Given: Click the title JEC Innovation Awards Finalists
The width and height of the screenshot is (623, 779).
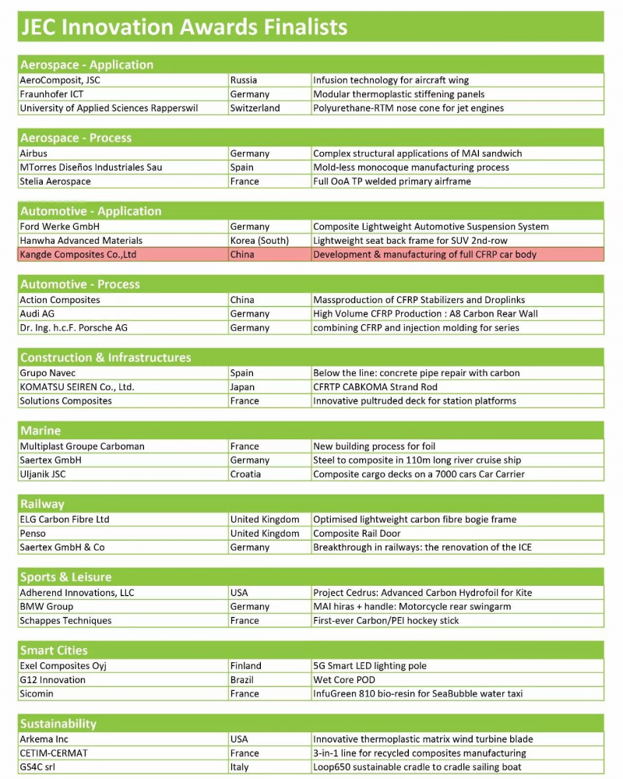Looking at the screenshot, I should tap(184, 27).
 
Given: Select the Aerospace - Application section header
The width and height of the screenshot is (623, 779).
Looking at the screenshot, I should tap(86, 65).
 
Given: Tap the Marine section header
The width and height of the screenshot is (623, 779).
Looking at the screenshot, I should tap(40, 430).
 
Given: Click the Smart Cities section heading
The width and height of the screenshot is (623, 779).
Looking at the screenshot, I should tap(54, 650).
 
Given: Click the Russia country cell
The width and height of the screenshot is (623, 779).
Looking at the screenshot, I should tap(244, 80).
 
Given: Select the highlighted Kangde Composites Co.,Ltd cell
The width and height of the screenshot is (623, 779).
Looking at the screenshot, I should tap(78, 255).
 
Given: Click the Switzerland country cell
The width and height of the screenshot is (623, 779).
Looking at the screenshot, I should tap(255, 108).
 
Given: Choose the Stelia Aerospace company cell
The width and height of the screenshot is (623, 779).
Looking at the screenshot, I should tap(55, 182).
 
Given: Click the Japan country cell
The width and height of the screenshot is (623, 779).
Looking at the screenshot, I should tap(242, 387).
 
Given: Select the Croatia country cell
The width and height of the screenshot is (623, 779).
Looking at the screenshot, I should tap(246, 474).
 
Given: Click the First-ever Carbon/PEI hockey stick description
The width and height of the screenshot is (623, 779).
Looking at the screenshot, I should tap(386, 621).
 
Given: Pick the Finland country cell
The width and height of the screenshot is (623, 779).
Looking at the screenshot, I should tap(246, 666).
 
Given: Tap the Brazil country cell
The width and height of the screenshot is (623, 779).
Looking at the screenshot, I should tap(243, 680).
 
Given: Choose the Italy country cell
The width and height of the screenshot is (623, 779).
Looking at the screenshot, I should tap(240, 767).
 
